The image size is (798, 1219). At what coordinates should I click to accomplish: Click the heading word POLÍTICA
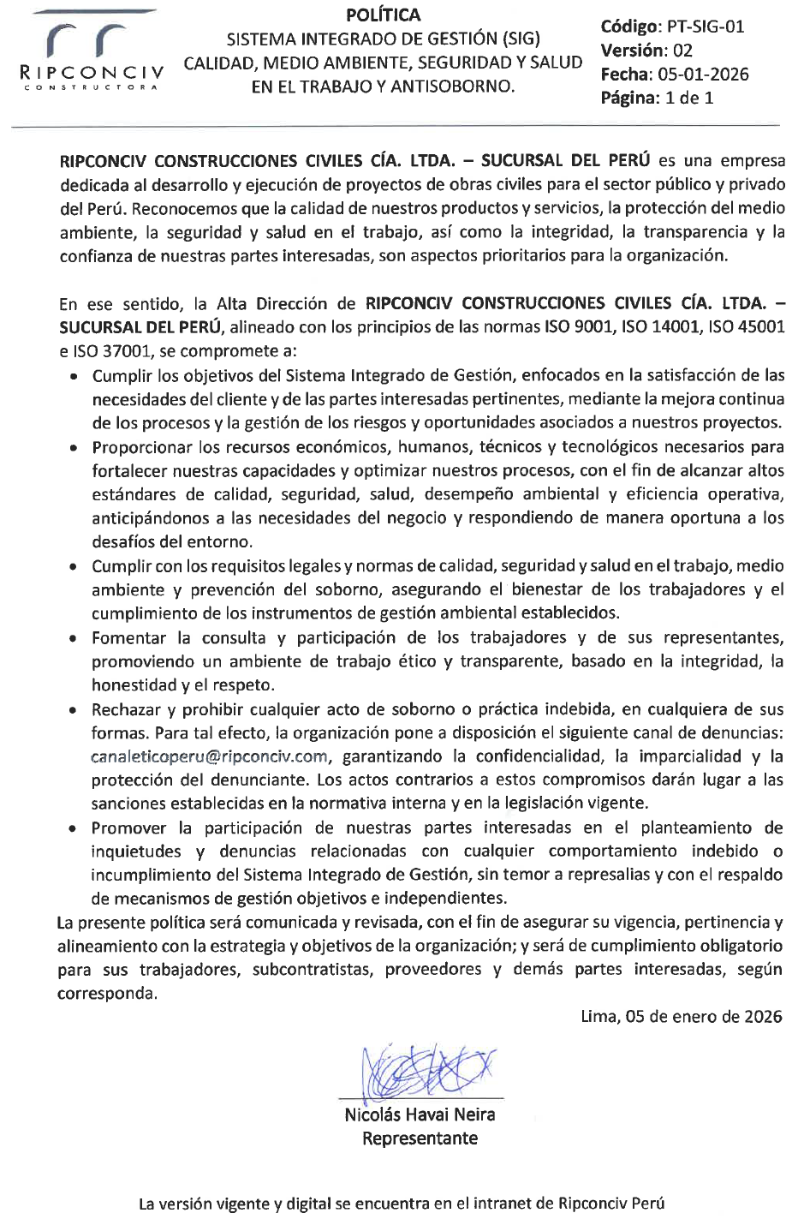pyautogui.click(x=383, y=15)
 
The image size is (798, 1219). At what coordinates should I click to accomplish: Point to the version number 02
pyautogui.click(x=682, y=51)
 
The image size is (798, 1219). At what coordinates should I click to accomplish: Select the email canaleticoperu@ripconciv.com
pyautogui.click(x=210, y=756)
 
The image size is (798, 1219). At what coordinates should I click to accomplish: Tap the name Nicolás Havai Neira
pyautogui.click(x=420, y=1114)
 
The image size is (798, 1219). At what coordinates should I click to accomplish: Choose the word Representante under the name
pyautogui.click(x=420, y=1138)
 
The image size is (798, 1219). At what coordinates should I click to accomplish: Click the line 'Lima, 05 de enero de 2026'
pyautogui.click(x=681, y=1017)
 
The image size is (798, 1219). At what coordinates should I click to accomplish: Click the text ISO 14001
pyautogui.click(x=646, y=327)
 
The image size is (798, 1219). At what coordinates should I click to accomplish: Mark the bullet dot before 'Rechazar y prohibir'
pyautogui.click(x=75, y=711)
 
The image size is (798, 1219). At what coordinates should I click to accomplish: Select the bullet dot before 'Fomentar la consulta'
pyautogui.click(x=75, y=639)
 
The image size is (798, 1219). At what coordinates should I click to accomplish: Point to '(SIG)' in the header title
pyautogui.click(x=520, y=39)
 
